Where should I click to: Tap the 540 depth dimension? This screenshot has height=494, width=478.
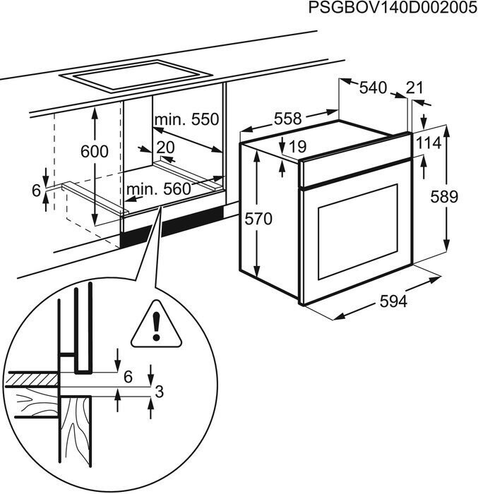point(373,88)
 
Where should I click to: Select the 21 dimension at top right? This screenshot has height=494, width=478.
point(415,88)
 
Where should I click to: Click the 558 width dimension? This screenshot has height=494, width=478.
point(287,119)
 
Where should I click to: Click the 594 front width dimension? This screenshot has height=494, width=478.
point(393,301)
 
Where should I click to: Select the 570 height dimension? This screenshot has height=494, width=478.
point(258,219)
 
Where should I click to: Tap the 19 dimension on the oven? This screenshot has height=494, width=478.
point(297,147)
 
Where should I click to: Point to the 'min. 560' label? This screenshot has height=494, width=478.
point(158,188)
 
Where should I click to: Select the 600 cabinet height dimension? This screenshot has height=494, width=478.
point(95,151)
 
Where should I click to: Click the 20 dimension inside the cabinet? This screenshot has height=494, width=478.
point(165,147)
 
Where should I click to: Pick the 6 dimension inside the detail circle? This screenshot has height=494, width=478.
point(128,377)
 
